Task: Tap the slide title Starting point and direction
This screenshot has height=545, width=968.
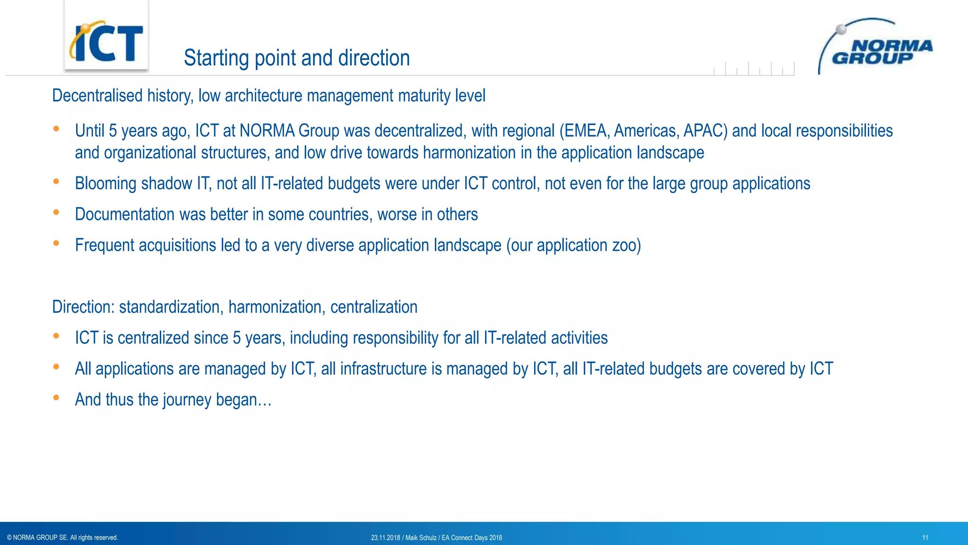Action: pyautogui.click(x=296, y=58)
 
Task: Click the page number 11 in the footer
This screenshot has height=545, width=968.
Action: pyautogui.click(x=925, y=538)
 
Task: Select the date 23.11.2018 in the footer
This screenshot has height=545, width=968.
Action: pyautogui.click(x=385, y=538)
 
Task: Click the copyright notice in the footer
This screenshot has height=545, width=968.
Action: pyautogui.click(x=62, y=538)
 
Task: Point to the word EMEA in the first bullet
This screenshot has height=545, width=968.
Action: pyautogui.click(x=585, y=131)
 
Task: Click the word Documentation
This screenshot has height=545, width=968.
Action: pyautogui.click(x=124, y=215)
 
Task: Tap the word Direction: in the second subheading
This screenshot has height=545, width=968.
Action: pyautogui.click(x=83, y=308)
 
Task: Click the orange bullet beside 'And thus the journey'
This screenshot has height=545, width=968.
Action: pyautogui.click(x=56, y=398)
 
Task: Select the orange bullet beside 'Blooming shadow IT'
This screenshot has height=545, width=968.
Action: pyautogui.click(x=56, y=181)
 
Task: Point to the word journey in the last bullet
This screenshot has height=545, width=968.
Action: pyautogui.click(x=187, y=400)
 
